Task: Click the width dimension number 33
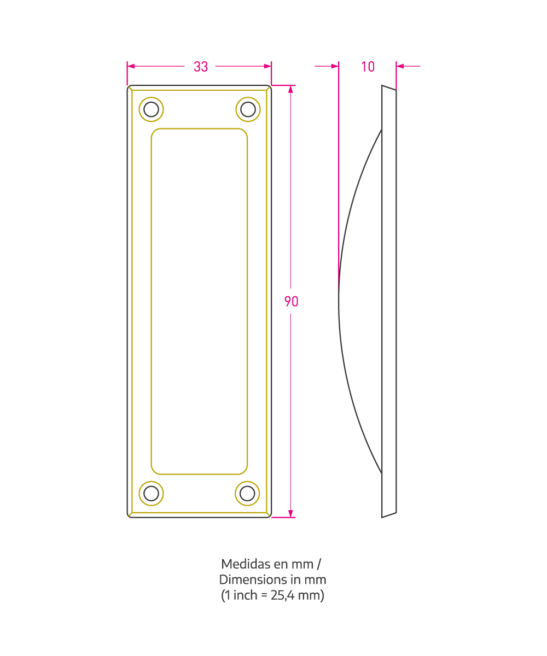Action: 201,67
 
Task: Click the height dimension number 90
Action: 291,301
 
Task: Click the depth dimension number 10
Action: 368,67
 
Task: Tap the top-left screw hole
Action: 151,109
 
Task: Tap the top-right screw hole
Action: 248,109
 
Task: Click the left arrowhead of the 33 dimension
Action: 131,66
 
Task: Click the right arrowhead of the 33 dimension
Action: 267,66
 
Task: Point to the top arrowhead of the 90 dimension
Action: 290,89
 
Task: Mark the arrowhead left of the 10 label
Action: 335,66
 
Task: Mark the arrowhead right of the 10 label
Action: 400,66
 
